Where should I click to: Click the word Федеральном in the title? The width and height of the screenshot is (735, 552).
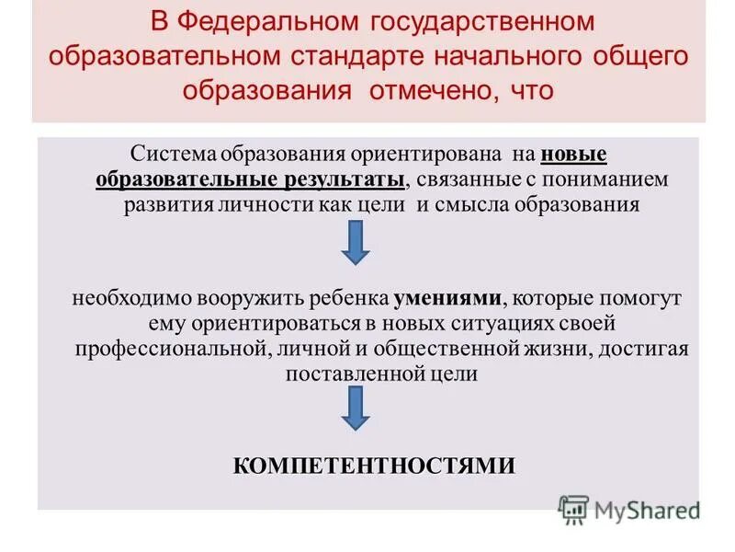pos(267,20)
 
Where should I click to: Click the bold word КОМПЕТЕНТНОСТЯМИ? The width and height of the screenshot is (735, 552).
pos(372,466)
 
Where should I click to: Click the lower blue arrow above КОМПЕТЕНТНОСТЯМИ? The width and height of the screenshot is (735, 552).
pos(356,407)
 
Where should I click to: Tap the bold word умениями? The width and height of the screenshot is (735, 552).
pos(448,299)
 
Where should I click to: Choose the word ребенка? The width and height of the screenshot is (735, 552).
pos(352,299)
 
